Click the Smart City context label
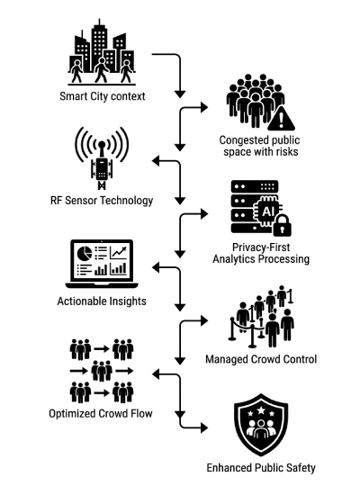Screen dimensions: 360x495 (103, 96)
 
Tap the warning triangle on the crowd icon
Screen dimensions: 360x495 (281, 120)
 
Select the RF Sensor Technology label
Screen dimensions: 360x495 (102, 201)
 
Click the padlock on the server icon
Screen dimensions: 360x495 (282, 225)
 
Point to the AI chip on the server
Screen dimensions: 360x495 (267, 211)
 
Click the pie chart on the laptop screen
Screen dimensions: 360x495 (85, 253)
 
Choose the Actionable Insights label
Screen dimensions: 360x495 (102, 301)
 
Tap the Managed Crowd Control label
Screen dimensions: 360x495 (261, 359)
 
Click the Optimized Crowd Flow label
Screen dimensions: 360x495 (101, 414)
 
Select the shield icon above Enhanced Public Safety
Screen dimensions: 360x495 (261, 424)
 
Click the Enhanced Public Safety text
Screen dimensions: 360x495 (261, 468)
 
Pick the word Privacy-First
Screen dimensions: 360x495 (261, 247)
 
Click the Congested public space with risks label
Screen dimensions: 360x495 (260, 146)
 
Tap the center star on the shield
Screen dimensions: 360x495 (261, 410)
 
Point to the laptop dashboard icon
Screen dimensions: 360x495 (102, 264)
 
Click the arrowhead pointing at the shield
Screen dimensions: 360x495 (204, 428)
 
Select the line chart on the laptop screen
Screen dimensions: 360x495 (118, 253)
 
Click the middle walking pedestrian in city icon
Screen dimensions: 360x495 (101, 70)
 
